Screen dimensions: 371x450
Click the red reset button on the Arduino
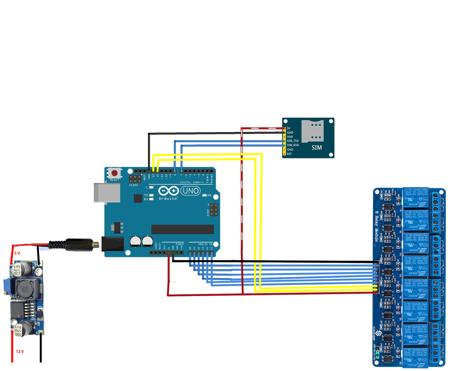[x=115, y=173]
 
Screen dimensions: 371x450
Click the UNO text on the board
[x=191, y=191]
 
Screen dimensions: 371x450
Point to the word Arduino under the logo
[x=168, y=198]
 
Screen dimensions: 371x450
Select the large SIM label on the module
[x=317, y=148]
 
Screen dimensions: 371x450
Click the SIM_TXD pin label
[x=293, y=141]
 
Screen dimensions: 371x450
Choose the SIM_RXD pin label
[x=293, y=145]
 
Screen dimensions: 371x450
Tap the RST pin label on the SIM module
[x=289, y=154]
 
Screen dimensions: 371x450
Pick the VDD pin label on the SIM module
[x=290, y=137]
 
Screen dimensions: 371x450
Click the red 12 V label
[x=20, y=352]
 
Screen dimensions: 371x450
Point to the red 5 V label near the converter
[x=17, y=253]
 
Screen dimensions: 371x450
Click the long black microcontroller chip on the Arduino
[x=182, y=229]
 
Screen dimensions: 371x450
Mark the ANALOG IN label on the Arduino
[x=205, y=244]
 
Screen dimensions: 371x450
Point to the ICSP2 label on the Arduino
[x=133, y=185]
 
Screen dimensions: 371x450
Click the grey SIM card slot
[x=312, y=131]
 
